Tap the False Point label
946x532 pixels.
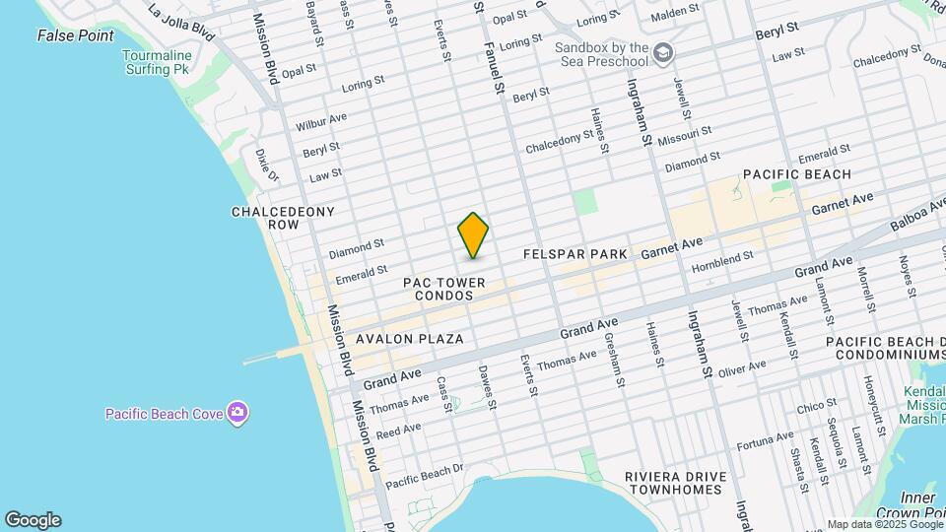click(x=70, y=35)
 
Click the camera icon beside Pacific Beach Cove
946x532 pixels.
click(x=236, y=412)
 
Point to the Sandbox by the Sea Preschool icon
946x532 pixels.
click(x=665, y=49)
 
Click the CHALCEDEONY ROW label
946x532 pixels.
click(x=283, y=218)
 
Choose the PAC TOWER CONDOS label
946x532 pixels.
click(x=444, y=289)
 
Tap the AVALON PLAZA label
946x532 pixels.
click(x=410, y=339)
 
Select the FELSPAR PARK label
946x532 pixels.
click(x=575, y=254)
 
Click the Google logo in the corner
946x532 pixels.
click(x=33, y=519)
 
